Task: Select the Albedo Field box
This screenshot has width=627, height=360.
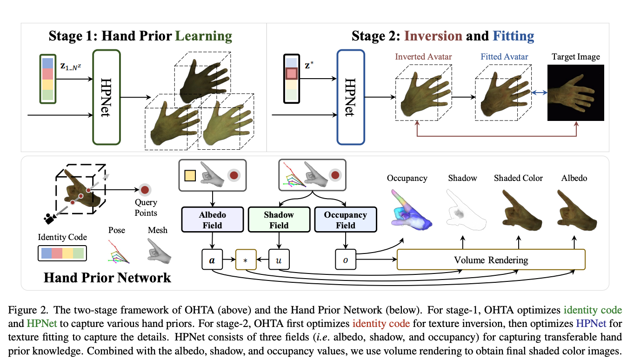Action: coord(212,220)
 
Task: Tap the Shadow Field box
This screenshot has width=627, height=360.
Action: coord(279,220)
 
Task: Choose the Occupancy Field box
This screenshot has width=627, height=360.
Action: coord(345,220)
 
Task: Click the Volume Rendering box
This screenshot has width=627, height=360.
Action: coord(491,260)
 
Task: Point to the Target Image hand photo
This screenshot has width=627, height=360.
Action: coord(575,93)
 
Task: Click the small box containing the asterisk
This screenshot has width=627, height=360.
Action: coord(246,260)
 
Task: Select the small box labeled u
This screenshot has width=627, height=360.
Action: coord(279,260)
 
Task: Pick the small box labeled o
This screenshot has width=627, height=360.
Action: coord(345,260)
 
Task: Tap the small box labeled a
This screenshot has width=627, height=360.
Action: coord(212,260)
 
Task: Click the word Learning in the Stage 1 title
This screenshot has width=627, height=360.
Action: coord(203,36)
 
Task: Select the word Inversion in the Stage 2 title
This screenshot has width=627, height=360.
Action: coord(434,36)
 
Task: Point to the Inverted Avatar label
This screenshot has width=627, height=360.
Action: coord(423,57)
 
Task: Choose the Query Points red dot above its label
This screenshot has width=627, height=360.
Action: coord(145,190)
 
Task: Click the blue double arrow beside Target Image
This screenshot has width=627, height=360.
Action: coord(539,93)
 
